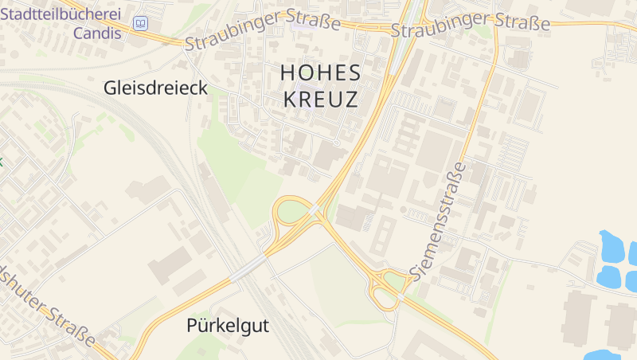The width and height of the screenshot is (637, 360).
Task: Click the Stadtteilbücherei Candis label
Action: tap(68, 24)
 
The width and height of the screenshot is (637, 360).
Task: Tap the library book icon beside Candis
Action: tap(141, 25)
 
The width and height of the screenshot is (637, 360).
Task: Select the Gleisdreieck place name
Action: tap(155, 88)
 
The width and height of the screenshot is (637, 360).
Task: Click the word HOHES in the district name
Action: tap(321, 72)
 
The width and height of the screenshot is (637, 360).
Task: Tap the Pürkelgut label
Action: tap(228, 325)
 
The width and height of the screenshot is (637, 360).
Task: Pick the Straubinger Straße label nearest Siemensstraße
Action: tap(471, 25)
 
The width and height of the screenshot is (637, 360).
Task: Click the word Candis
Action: tap(97, 33)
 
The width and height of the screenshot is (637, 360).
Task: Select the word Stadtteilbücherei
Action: tap(68, 14)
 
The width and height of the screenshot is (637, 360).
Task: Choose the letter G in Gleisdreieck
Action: tap(110, 88)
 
